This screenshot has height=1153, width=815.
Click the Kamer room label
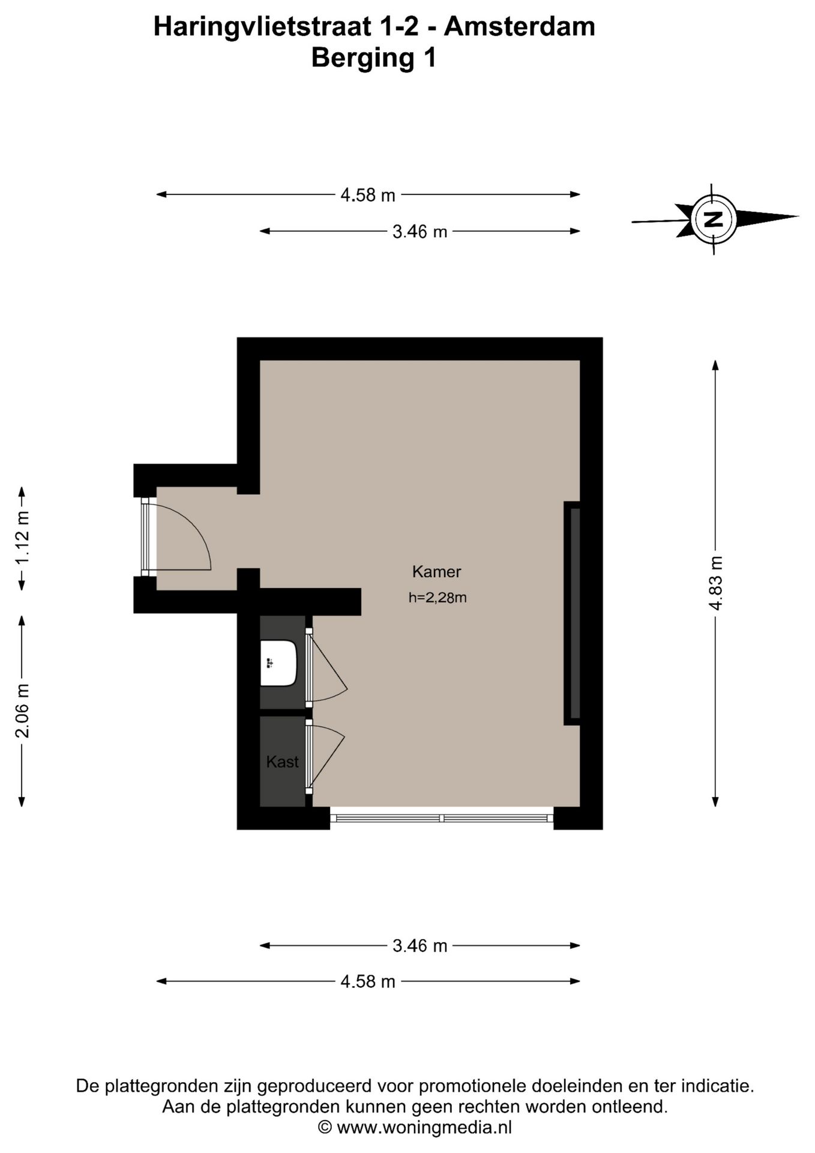click(436, 572)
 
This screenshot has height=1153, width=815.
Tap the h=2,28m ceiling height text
click(438, 598)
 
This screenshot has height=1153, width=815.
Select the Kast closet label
click(282, 761)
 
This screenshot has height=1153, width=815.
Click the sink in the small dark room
click(279, 663)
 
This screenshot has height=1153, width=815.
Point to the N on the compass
click(713, 219)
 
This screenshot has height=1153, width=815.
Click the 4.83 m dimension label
click(715, 583)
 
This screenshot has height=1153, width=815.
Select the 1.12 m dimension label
click(22, 538)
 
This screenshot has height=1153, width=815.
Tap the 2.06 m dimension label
click(22, 710)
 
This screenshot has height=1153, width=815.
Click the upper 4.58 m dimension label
click(368, 195)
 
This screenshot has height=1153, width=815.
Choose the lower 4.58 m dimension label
click(368, 981)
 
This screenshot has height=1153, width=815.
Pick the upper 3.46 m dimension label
click(420, 231)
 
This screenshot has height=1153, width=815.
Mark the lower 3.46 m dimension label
click(420, 946)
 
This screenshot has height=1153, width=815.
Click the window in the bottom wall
click(441, 818)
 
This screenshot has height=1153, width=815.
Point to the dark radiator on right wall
click(572, 613)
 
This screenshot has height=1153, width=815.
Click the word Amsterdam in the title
click(520, 27)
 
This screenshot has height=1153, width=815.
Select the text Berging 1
click(374, 58)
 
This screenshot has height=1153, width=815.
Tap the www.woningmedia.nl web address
click(424, 1127)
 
